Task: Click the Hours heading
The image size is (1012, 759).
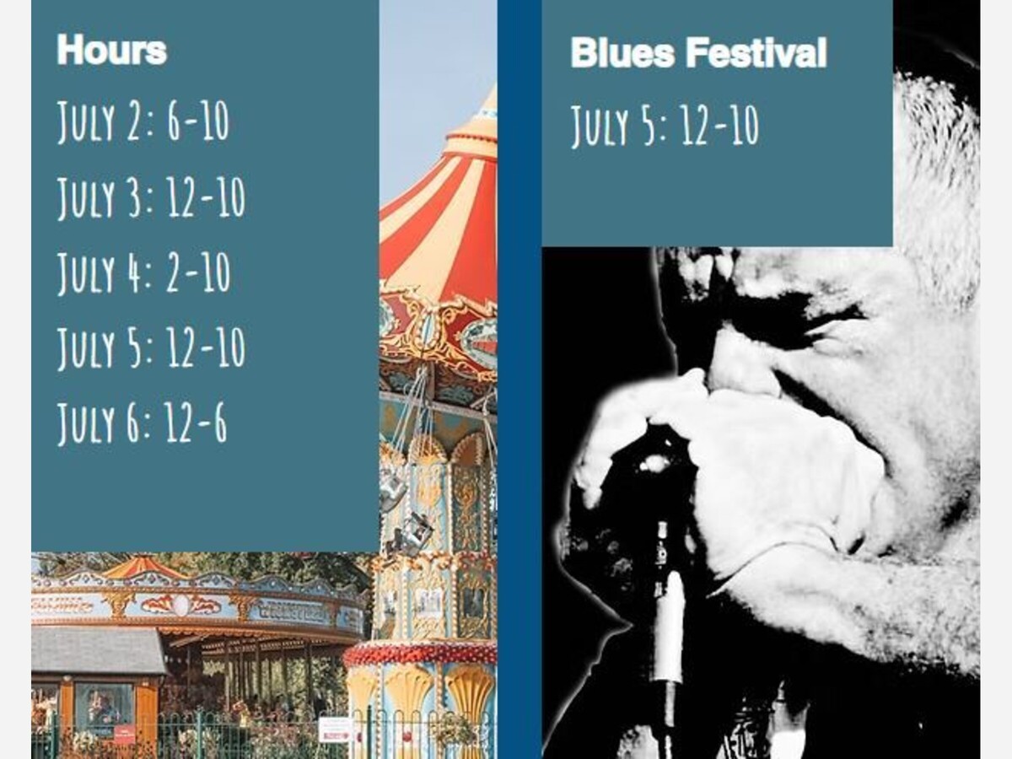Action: click(x=111, y=50)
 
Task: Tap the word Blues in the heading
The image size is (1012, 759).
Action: click(x=622, y=52)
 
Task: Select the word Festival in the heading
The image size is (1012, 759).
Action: click(x=756, y=52)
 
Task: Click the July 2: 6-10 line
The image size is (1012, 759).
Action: click(x=143, y=121)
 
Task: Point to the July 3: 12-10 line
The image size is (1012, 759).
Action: click(x=151, y=196)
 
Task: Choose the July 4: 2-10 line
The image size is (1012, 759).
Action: click(x=143, y=272)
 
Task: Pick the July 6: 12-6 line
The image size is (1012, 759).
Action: click(x=142, y=423)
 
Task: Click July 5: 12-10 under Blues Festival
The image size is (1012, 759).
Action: click(x=665, y=126)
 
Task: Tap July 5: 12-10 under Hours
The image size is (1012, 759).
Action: click(x=151, y=347)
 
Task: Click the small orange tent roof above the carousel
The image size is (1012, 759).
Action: click(x=142, y=568)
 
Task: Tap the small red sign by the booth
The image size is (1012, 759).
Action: click(x=122, y=732)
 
